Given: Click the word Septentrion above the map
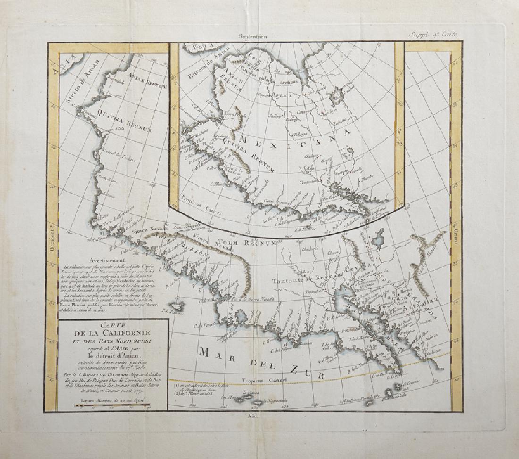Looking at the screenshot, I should [x=253, y=36].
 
